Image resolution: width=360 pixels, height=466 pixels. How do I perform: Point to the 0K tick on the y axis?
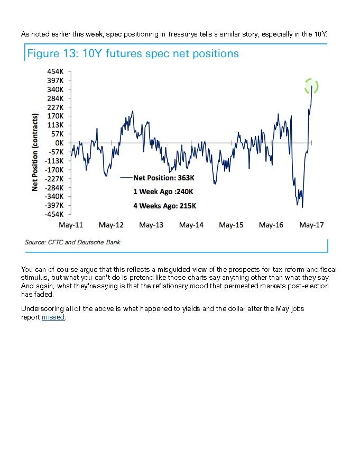(x=59, y=143)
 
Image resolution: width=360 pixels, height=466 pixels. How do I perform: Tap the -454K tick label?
(x=55, y=214)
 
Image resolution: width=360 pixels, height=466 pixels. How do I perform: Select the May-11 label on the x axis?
(x=71, y=225)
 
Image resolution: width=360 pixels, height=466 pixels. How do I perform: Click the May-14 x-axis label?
(x=191, y=225)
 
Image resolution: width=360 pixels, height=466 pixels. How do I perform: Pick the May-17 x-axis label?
(x=311, y=225)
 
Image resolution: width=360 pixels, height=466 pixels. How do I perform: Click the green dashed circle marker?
(x=312, y=86)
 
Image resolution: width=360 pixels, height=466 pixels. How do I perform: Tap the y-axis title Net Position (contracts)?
(x=35, y=152)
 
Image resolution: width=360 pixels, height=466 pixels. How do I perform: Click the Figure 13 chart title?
(x=133, y=53)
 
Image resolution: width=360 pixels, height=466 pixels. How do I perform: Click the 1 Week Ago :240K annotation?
(x=163, y=191)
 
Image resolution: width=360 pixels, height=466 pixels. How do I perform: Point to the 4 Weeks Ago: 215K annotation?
(x=165, y=206)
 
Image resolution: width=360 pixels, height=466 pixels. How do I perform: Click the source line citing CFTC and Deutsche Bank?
(x=72, y=242)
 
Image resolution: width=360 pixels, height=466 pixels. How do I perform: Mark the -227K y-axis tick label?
(x=55, y=179)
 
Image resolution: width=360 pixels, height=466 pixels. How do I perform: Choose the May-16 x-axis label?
(x=271, y=225)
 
